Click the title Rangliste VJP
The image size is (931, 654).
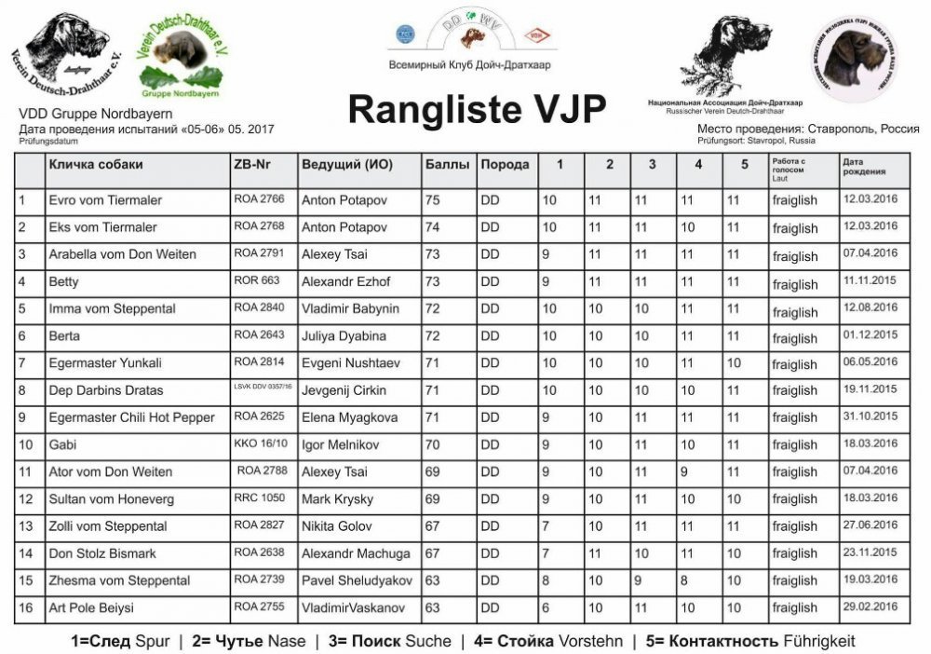[477, 109]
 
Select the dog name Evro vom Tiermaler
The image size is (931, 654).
[105, 200]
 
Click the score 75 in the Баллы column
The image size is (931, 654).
[433, 200]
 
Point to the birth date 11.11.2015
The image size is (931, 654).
[870, 280]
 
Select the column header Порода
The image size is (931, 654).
[505, 165]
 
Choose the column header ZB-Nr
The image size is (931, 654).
[252, 165]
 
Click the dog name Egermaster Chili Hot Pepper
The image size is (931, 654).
[131, 416]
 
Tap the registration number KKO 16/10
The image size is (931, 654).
[261, 443]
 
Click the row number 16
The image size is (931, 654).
[26, 608]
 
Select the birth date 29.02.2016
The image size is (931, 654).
[870, 606]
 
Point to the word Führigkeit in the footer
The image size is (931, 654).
[819, 641]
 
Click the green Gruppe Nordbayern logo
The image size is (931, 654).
[182, 56]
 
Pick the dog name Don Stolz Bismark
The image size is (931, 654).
[102, 553]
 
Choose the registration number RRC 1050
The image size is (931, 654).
[260, 497]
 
